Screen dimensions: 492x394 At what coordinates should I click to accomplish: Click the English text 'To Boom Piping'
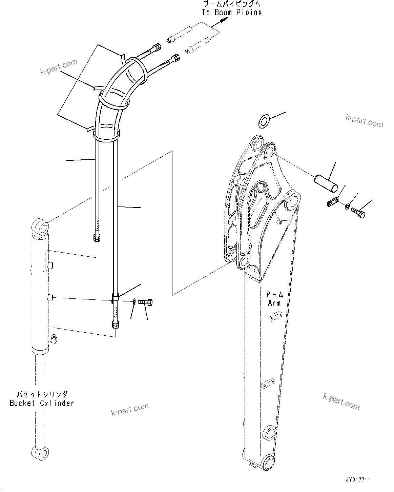click(232, 13)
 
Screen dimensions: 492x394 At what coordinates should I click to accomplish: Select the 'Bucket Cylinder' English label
click(42, 403)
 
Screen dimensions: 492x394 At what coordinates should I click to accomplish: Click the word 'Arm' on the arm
click(274, 303)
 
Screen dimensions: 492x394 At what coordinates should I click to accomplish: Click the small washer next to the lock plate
click(348, 206)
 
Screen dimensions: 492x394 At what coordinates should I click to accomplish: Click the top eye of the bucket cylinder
click(40, 226)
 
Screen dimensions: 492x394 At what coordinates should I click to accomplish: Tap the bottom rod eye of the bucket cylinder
click(40, 453)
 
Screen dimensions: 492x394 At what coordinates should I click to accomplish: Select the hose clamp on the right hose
click(115, 297)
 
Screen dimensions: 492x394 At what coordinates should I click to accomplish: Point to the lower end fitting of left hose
click(96, 238)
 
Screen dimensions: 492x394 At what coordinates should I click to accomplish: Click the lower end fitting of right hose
click(115, 324)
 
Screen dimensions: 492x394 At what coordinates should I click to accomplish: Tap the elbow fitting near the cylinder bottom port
click(53, 338)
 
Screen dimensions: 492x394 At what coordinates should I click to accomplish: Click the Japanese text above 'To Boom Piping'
click(232, 4)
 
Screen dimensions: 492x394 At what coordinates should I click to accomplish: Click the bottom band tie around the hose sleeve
click(106, 136)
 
